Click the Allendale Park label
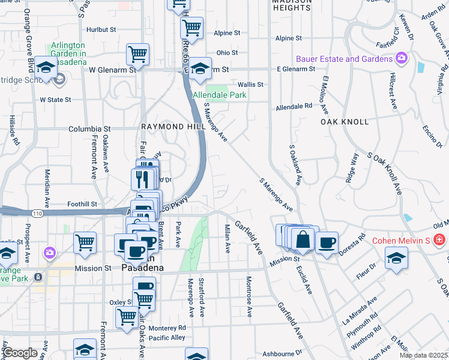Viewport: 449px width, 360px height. pyautogui.click(x=219, y=95)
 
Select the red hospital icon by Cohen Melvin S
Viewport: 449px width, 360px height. pyautogui.click(x=439, y=240)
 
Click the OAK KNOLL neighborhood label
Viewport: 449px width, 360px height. pyautogui.click(x=344, y=121)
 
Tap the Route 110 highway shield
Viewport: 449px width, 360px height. pyautogui.click(x=37, y=213)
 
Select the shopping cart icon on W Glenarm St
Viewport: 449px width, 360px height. pyautogui.click(x=137, y=55)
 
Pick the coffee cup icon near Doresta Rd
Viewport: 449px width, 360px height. pyautogui.click(x=327, y=242)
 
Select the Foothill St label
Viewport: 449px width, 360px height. pyautogui.click(x=82, y=203)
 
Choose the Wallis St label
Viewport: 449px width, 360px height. pyautogui.click(x=250, y=85)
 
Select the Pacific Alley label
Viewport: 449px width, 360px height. pyautogui.click(x=167, y=338)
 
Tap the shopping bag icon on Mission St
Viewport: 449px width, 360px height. pyautogui.click(x=304, y=238)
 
